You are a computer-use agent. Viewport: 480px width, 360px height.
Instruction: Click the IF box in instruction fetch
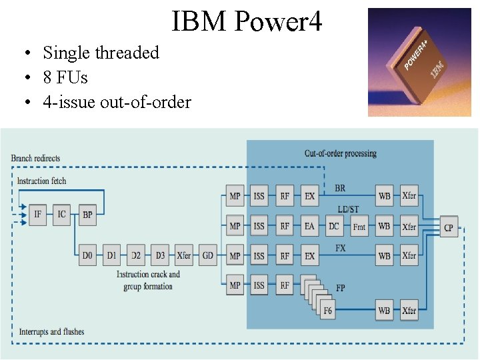pos(37,215)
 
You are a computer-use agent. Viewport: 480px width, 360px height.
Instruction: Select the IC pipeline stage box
pos(62,215)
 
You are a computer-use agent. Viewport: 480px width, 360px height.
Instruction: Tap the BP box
pos(87,215)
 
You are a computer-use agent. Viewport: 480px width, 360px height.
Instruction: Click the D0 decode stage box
pos(87,255)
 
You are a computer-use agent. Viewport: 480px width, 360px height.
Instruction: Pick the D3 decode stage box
pos(160,255)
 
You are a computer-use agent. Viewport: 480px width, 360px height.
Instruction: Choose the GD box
pos(208,255)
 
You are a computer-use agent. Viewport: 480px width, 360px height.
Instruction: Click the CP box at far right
pos(449,227)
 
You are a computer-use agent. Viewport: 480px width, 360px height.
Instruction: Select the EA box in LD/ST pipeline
pos(309,226)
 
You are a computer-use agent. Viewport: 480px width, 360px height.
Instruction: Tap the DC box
pos(334,226)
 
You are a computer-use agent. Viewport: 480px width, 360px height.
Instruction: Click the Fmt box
pos(359,227)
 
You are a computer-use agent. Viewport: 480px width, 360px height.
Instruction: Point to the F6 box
pos(328,310)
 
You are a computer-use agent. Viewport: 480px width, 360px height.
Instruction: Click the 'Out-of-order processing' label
pos(340,153)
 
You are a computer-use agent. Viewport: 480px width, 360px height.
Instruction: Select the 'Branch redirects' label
pos(35,159)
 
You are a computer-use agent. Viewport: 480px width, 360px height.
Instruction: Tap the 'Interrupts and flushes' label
pos(51,331)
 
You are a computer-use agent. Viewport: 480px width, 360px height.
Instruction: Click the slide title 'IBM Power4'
pos(247,21)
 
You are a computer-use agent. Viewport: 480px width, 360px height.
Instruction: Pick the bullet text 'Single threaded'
pos(101,53)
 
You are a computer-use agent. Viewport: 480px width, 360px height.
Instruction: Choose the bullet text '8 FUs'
pos(65,77)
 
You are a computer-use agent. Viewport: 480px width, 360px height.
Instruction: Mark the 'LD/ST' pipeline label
pos(347,209)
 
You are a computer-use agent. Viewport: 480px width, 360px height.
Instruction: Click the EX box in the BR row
pos(309,196)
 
